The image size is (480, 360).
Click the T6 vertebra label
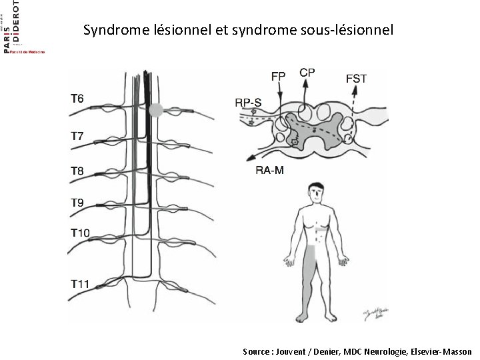pos(77,99)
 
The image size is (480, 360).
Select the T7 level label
pos(77,136)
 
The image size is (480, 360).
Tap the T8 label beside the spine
pos(77,171)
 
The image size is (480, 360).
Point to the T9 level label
pos(77,201)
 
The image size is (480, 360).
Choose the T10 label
pos(80,233)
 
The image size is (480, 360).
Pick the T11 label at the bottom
pos(80,284)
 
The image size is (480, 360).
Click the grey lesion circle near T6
pos(155,110)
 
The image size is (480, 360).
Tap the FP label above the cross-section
pos(278,75)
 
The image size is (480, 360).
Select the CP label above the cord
pos(307,72)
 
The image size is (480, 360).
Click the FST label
pos(356,79)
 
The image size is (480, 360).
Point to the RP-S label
pos(248,103)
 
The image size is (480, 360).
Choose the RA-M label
pos(270,171)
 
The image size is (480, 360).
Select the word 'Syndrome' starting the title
pos(110,30)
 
